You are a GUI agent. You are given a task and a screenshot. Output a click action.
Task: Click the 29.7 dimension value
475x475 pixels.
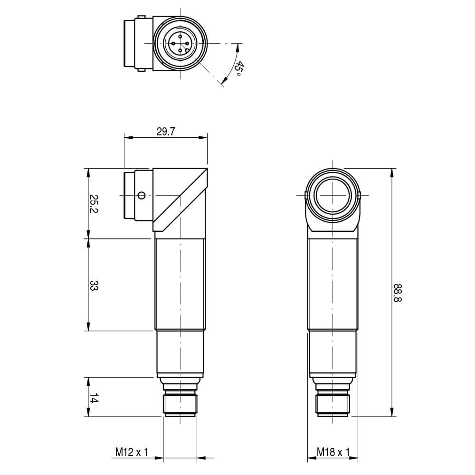point(166,132)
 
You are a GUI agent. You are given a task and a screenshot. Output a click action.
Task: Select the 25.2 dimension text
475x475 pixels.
point(94,204)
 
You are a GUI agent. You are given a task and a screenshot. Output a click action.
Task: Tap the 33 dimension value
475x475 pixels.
point(94,285)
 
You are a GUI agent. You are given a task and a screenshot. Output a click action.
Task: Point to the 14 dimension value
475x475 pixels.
point(94,398)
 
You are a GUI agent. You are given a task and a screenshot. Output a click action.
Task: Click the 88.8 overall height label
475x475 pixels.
point(397,293)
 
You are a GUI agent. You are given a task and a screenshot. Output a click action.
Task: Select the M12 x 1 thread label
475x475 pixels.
point(132,452)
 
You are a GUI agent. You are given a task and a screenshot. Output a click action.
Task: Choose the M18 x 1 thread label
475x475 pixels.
point(333,452)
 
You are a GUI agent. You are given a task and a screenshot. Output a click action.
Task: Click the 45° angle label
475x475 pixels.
point(239,69)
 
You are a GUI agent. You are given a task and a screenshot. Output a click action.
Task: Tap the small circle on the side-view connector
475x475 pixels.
point(141,195)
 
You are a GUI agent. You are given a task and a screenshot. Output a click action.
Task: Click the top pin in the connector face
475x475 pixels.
point(180,37)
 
